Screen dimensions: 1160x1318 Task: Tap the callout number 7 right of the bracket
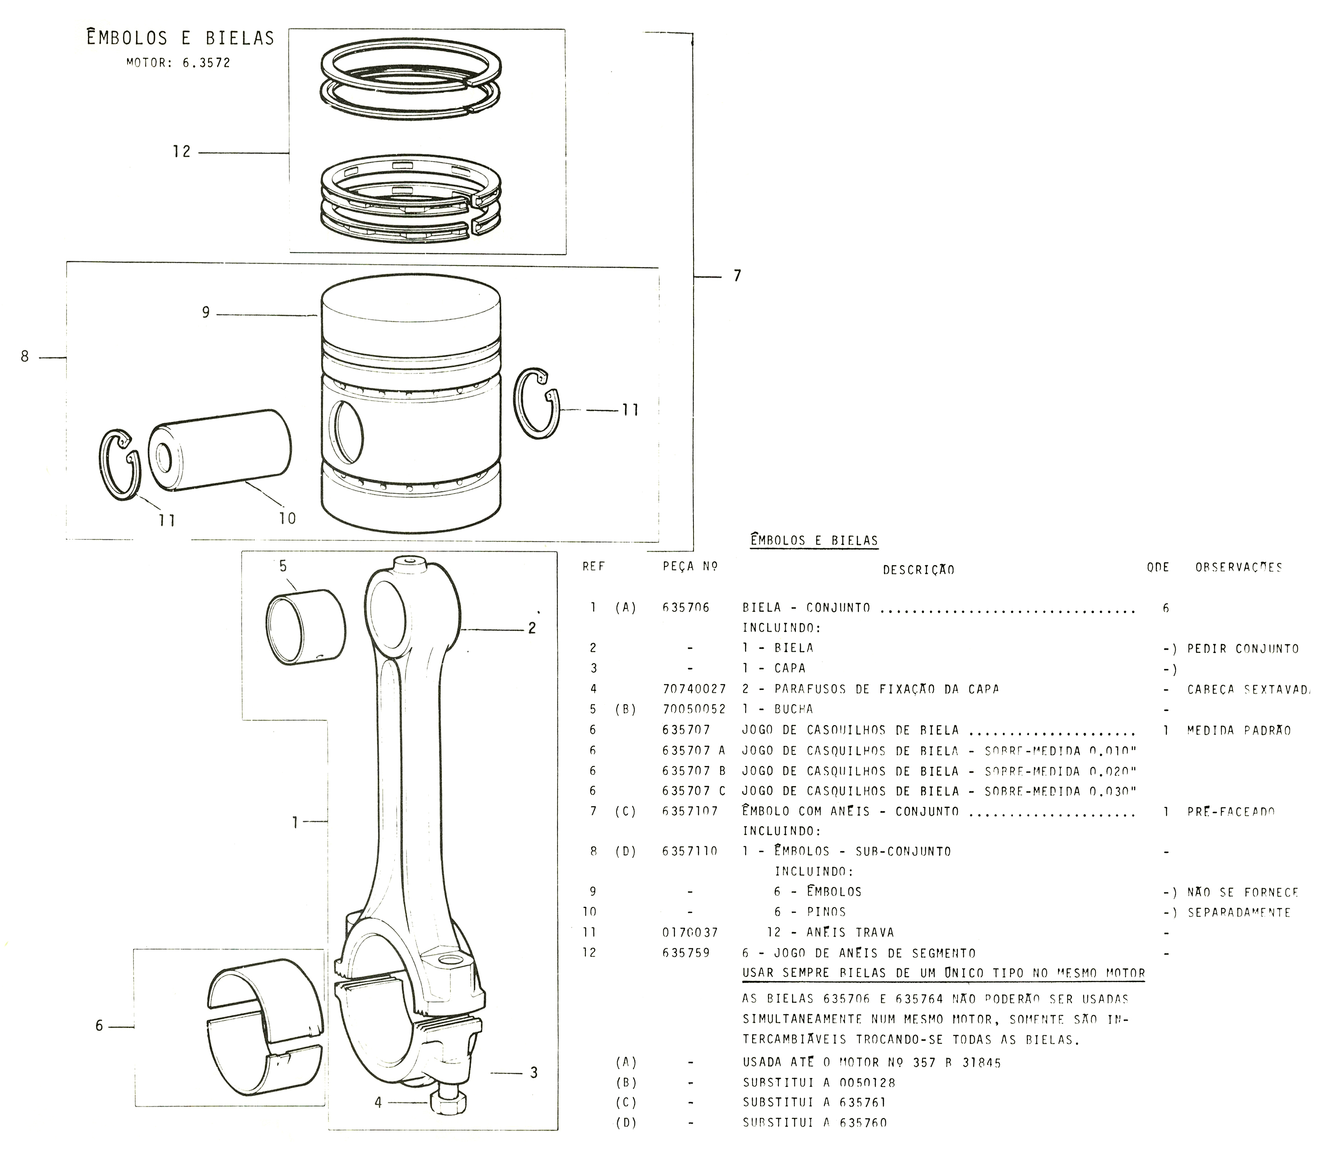pos(737,276)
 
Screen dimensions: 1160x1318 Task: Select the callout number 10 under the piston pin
pos(287,518)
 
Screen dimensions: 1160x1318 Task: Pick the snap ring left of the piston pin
pos(120,463)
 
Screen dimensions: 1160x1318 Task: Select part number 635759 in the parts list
pos(686,952)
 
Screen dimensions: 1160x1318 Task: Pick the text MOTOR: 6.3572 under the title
pos(178,63)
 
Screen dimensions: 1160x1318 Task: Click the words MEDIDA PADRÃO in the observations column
pos(1239,730)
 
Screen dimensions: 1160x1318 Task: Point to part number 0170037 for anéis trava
pos(689,932)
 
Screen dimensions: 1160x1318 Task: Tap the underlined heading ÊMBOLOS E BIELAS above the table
pos(814,541)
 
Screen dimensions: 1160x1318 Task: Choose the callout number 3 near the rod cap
pos(533,1073)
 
